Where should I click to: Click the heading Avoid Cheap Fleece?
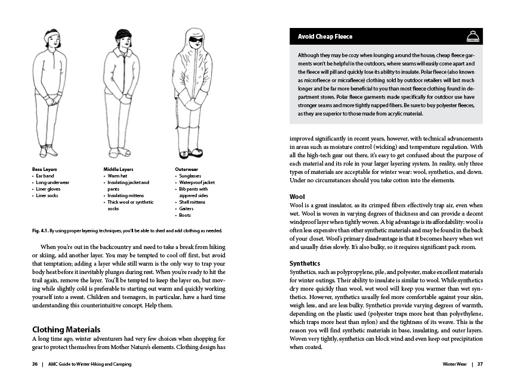325,37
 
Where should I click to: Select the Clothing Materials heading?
66,329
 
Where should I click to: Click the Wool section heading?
297,196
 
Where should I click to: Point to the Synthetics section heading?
305,263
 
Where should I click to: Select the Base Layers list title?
45,169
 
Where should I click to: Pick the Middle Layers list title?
119,169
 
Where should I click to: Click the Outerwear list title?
187,169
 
